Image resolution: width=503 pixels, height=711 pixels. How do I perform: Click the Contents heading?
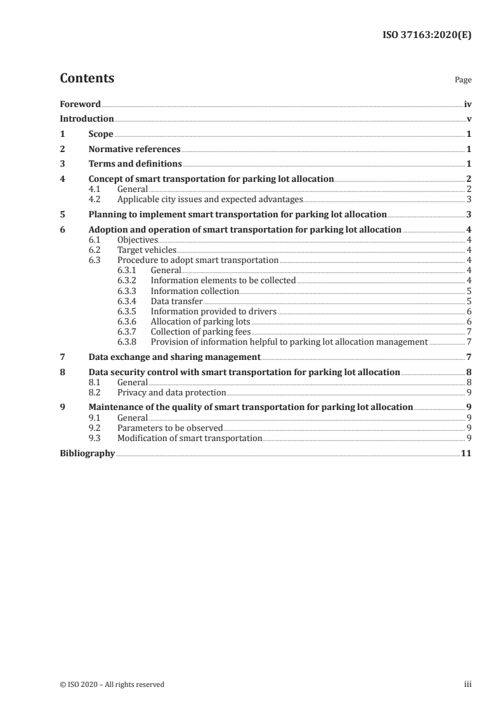(x=87, y=79)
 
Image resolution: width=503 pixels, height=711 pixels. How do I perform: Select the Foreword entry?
(x=80, y=103)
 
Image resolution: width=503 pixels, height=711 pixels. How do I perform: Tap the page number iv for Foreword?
(x=467, y=103)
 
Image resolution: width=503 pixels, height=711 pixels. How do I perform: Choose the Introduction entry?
(x=87, y=118)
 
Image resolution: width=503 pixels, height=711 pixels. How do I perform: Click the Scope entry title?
(x=101, y=134)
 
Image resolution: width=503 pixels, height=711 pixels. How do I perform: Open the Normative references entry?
(x=134, y=150)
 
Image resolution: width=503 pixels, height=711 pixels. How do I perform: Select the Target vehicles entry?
(x=147, y=250)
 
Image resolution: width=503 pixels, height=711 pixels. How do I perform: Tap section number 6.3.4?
(x=128, y=301)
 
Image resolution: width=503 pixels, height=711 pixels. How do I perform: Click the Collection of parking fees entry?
(x=192, y=331)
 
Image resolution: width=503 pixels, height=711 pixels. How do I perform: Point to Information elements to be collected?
(x=223, y=281)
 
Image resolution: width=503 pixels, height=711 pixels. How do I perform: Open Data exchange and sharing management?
(x=174, y=357)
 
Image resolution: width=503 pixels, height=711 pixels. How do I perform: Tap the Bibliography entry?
(x=87, y=453)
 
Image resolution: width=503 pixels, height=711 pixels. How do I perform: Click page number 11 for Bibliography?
(x=466, y=453)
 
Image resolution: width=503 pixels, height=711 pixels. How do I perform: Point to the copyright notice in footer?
(x=112, y=684)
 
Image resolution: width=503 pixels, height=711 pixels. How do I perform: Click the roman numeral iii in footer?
(x=467, y=684)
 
